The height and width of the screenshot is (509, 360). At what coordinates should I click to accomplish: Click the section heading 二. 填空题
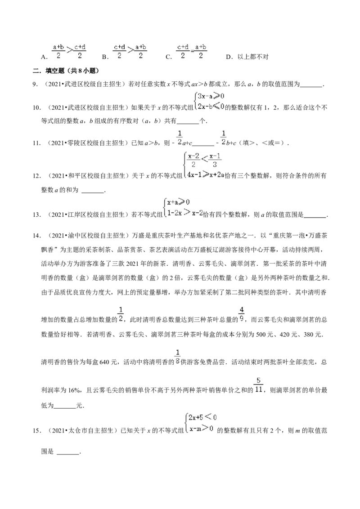[51, 71]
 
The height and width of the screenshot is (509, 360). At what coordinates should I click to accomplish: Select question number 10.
[36, 108]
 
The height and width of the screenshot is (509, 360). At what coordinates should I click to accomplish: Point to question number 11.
[36, 143]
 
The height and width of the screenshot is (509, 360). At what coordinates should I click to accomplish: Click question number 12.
[36, 176]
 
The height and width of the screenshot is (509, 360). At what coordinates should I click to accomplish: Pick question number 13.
[36, 214]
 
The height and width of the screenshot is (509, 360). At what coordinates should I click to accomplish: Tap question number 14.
[36, 235]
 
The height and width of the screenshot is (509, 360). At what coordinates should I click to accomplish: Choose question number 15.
[36, 431]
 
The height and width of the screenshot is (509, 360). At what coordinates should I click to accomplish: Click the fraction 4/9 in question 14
[241, 314]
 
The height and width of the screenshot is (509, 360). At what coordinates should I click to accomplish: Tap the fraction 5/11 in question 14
[259, 384]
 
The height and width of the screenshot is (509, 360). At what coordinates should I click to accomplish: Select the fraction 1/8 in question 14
[177, 357]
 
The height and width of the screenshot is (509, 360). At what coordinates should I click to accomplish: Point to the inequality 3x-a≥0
[211, 96]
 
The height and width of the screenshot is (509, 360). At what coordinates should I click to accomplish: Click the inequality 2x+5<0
[202, 417]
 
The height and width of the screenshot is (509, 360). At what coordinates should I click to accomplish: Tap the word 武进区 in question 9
[73, 85]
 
